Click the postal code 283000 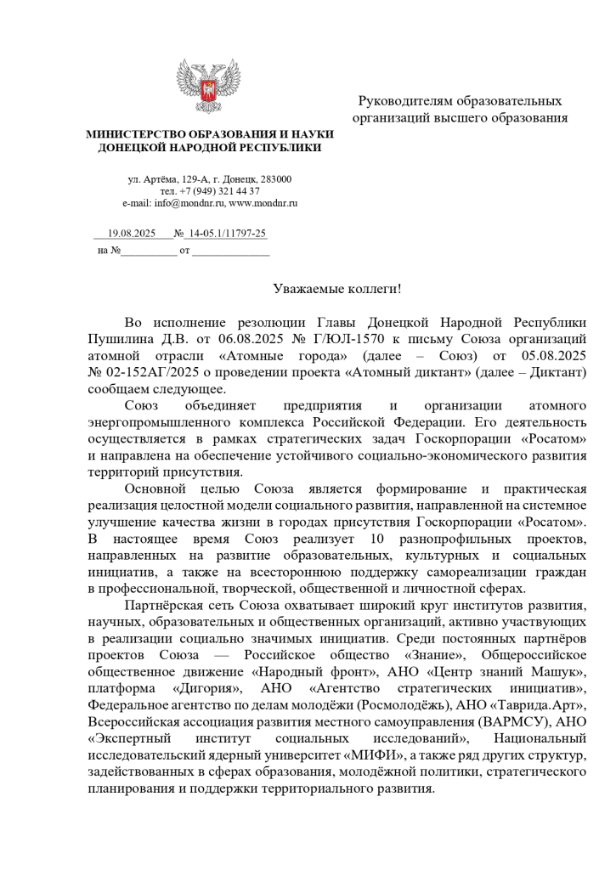[274, 179]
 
